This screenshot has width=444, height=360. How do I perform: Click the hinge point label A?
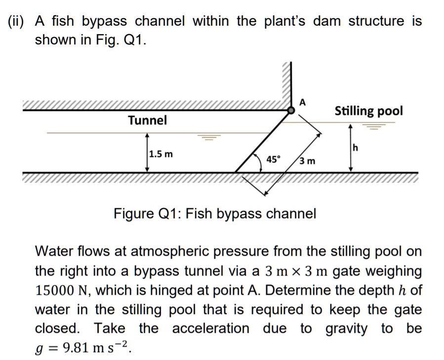click(303, 102)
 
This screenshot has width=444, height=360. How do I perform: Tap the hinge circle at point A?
click(292, 111)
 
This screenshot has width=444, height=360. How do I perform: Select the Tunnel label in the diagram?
click(147, 120)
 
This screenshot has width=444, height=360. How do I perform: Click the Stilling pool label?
click(368, 111)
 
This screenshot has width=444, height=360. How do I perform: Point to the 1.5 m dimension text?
click(161, 154)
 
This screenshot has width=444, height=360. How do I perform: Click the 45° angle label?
click(273, 159)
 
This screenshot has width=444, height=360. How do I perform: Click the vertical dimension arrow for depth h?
click(350, 148)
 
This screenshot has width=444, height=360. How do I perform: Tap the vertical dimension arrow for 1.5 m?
click(147, 153)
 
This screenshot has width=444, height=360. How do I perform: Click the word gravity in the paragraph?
click(346, 328)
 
